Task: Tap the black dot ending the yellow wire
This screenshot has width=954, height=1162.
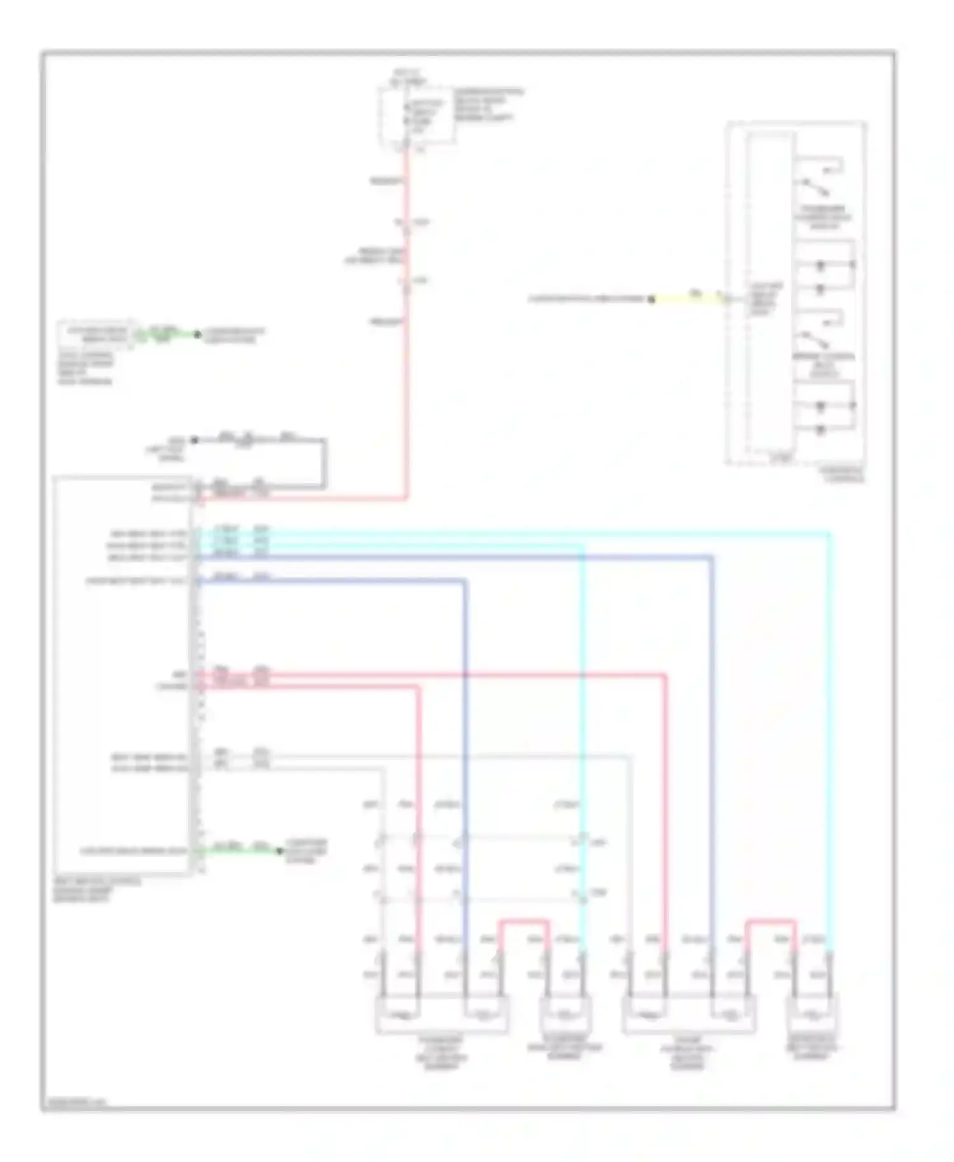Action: (651, 299)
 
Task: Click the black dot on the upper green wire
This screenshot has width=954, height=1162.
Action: (197, 334)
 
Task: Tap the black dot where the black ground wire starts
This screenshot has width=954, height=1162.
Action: (195, 440)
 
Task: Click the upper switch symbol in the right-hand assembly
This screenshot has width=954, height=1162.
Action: (817, 186)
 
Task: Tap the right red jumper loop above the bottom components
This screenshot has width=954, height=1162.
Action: (770, 921)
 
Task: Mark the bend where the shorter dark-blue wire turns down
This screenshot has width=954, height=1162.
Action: (466, 580)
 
